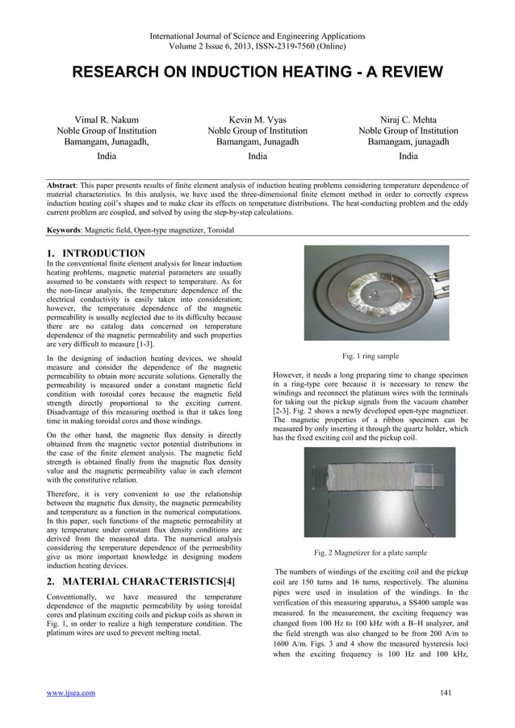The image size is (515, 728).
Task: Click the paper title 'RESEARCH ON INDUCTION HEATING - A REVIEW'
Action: (x=257, y=73)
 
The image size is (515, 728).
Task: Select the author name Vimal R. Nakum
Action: (x=106, y=119)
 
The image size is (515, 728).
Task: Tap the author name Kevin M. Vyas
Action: (x=257, y=119)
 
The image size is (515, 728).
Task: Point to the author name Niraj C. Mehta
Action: (x=408, y=119)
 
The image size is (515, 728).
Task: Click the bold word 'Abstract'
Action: (x=66, y=185)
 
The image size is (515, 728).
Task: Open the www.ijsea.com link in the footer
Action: (x=71, y=692)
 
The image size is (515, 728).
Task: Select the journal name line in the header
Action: (x=257, y=36)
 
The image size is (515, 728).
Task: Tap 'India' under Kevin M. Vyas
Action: (x=257, y=156)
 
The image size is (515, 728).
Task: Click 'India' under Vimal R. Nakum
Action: (x=106, y=156)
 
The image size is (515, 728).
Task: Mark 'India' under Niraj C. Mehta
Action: (x=408, y=156)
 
